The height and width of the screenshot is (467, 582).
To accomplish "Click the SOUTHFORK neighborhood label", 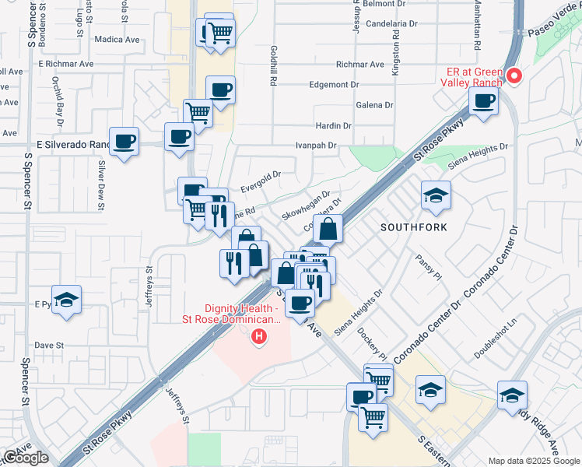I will pyautogui.click(x=411, y=228).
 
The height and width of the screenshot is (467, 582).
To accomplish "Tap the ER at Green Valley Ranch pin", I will pyautogui.click(x=514, y=76).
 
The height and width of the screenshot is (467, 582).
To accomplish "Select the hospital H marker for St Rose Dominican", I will pyautogui.click(x=259, y=337).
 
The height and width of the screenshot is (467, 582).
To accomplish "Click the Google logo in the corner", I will pyautogui.click(x=26, y=457).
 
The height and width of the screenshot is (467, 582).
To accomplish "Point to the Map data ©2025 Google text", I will pyautogui.click(x=533, y=461).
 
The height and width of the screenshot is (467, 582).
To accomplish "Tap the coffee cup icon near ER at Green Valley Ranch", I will pyautogui.click(x=484, y=101).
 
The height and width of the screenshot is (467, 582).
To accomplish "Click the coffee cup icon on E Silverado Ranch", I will pyautogui.click(x=124, y=142).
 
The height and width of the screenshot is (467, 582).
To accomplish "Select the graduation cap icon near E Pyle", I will pyautogui.click(x=67, y=300).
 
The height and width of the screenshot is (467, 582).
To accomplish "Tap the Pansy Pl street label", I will pyautogui.click(x=428, y=268).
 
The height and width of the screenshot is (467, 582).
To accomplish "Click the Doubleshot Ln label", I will pyautogui.click(x=496, y=336).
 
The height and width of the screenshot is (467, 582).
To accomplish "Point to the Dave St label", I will pyautogui.click(x=48, y=344).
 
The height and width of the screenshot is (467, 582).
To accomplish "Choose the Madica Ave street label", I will pyautogui.click(x=116, y=38).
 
